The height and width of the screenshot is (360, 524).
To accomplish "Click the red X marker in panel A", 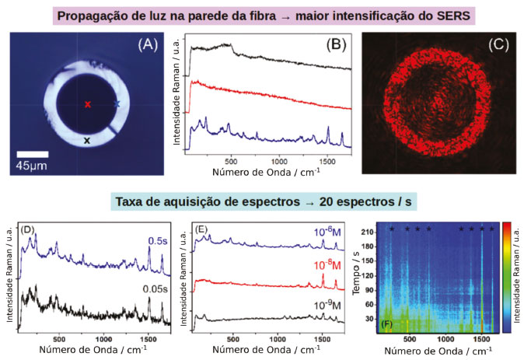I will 88,104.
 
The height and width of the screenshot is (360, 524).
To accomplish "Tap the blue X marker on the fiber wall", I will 117,103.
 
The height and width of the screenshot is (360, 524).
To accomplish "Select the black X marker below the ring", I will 87,141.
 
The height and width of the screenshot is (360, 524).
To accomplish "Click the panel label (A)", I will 148,45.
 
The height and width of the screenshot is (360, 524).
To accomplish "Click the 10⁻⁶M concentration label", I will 326,232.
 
